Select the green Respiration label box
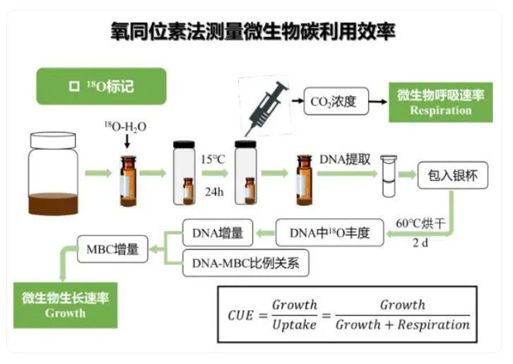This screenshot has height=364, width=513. tap(440, 102)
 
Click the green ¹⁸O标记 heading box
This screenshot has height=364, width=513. tap(101, 86)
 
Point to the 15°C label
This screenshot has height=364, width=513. tap(213, 159)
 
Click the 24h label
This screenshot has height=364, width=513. tap(213, 190)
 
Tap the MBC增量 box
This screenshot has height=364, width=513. tap(112, 249)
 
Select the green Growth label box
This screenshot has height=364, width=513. tap(65, 305)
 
